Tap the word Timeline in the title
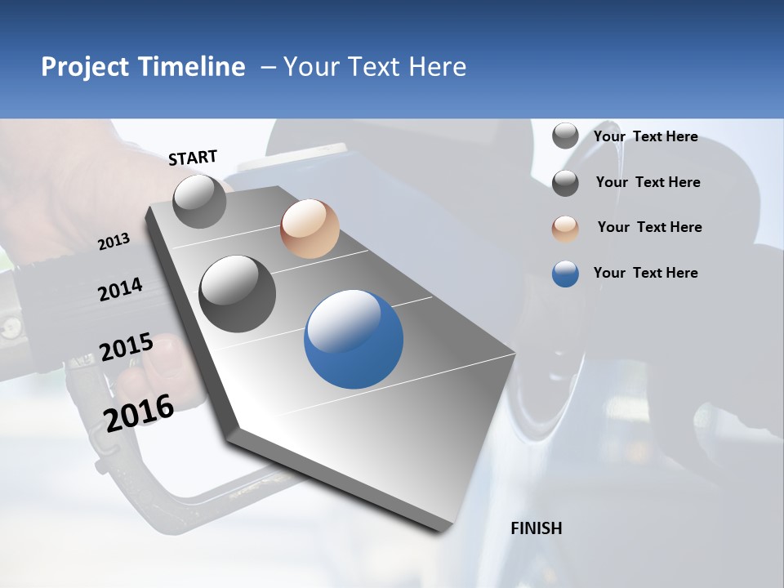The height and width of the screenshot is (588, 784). [193, 67]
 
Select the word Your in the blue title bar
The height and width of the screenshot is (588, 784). [312, 67]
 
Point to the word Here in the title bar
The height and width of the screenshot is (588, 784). [437, 67]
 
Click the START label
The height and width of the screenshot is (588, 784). [193, 158]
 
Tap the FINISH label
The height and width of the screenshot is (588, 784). [537, 528]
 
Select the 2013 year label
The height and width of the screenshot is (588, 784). [114, 242]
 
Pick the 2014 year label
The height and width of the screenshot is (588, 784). [120, 290]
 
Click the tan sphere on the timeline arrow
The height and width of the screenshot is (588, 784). [310, 229]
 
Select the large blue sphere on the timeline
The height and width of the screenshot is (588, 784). [354, 339]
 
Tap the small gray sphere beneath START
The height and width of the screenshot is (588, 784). [200, 201]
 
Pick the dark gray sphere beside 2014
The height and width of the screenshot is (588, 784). [238, 293]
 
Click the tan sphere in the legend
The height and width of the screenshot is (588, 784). [565, 228]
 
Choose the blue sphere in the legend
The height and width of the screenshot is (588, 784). [565, 274]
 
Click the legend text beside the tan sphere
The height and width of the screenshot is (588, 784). [649, 227]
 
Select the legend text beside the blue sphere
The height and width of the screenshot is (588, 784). [646, 273]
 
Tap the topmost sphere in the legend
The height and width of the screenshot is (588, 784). [565, 136]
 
